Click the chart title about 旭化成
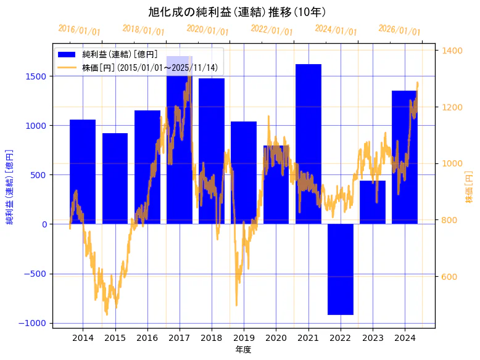(x=238, y=12)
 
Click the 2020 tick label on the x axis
(x=276, y=338)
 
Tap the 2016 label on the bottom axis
(x=147, y=338)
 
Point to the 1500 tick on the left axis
(x=36, y=76)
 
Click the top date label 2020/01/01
(x=208, y=30)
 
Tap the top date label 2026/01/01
(x=400, y=30)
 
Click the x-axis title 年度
(x=243, y=350)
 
